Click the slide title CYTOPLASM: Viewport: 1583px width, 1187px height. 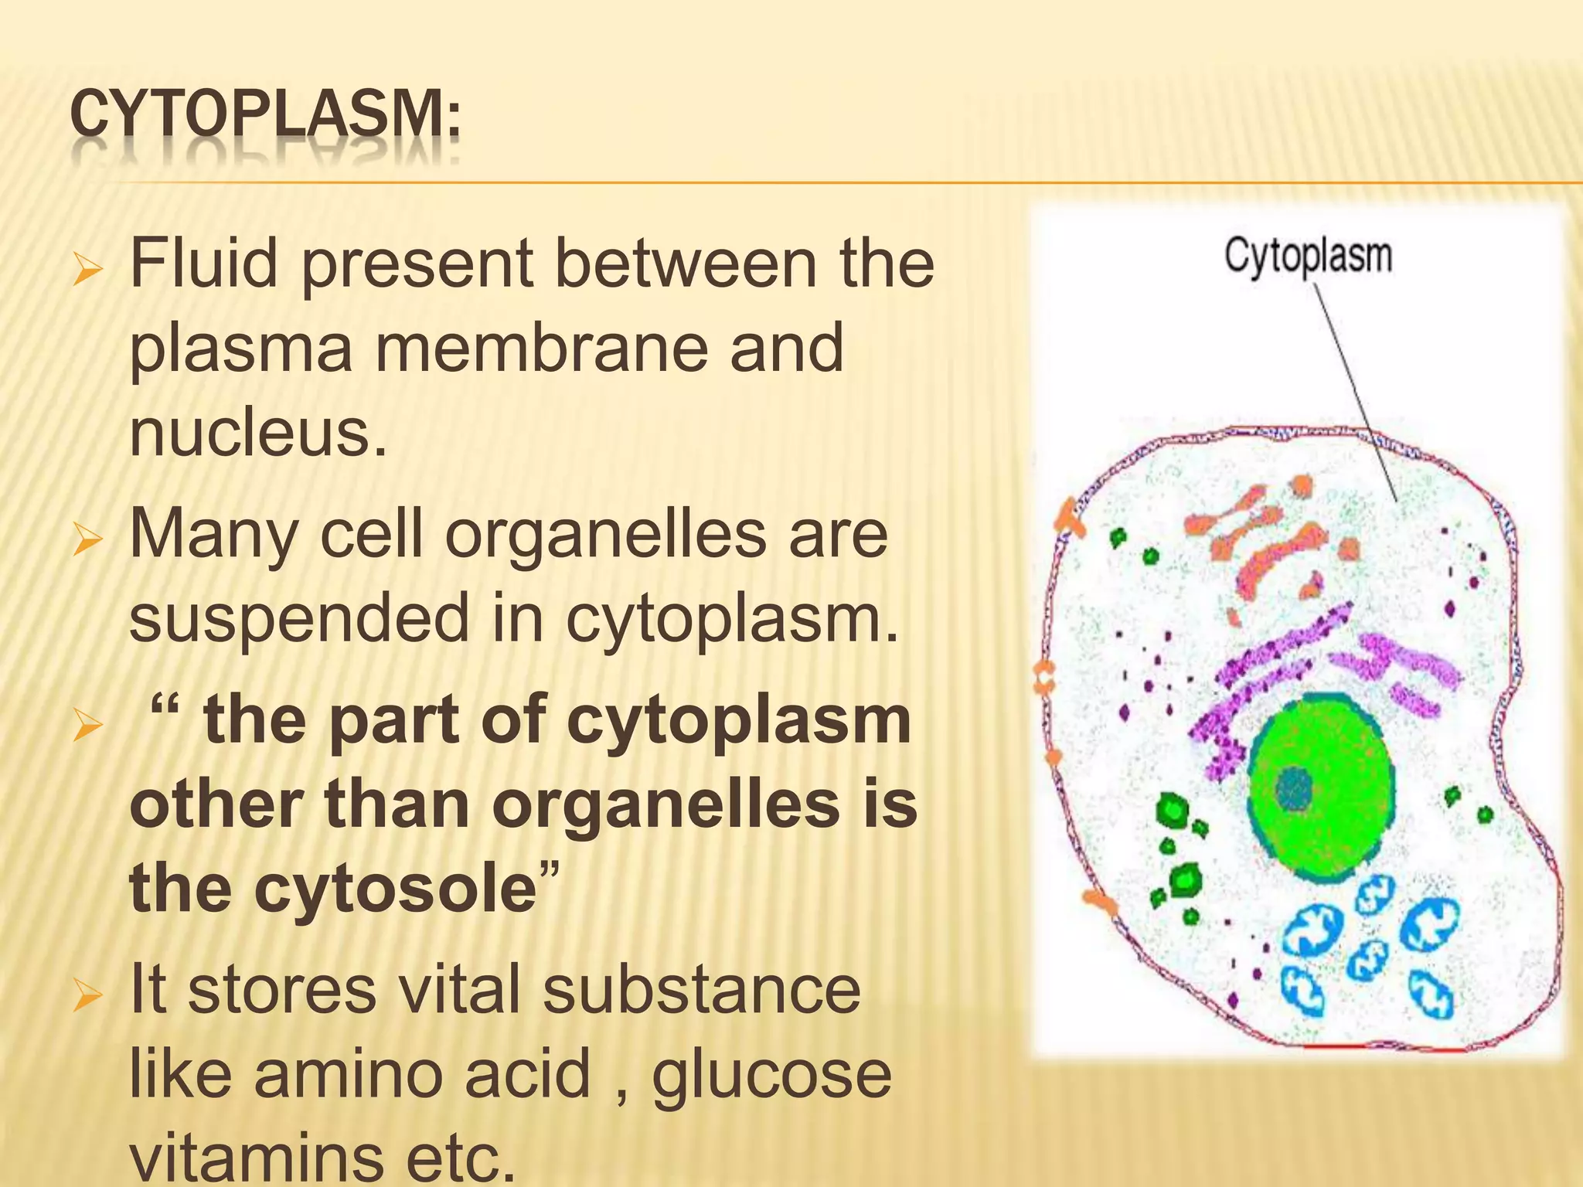(265, 116)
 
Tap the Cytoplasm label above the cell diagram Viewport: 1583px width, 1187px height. (1308, 256)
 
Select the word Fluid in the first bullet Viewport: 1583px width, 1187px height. (203, 264)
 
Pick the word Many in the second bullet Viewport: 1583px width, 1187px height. (213, 536)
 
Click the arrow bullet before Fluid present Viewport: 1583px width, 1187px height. (87, 270)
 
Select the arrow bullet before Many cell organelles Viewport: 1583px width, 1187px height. (87, 540)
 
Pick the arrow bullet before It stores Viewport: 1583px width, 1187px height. (87, 996)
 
